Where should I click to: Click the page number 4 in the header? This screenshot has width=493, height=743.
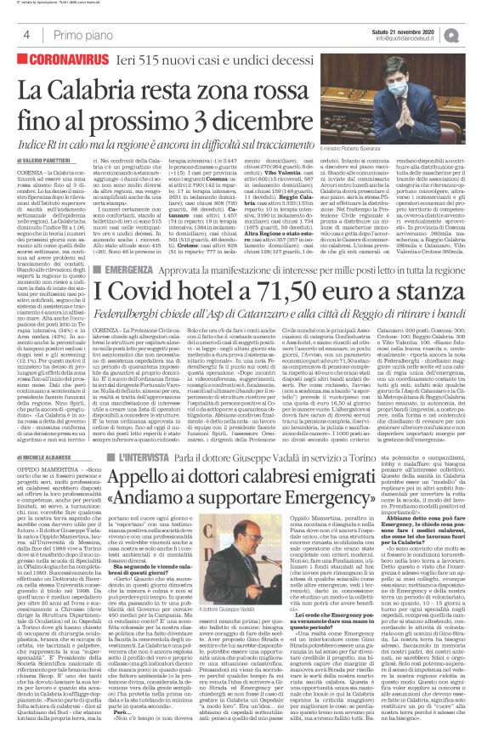(27, 35)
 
